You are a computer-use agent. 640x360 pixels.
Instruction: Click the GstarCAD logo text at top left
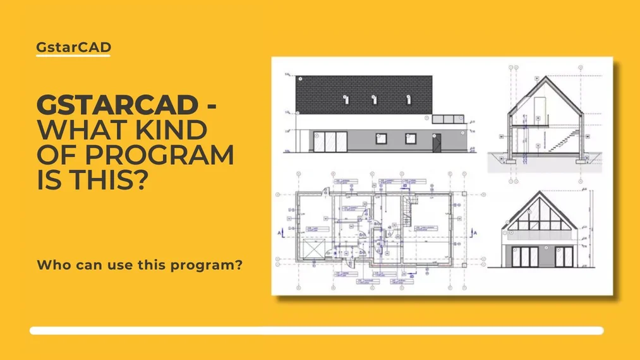point(73,46)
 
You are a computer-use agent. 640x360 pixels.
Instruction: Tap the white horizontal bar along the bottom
point(316,330)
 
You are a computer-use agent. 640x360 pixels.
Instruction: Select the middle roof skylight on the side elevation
point(374,99)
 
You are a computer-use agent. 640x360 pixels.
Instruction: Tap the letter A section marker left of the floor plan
point(279,233)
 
